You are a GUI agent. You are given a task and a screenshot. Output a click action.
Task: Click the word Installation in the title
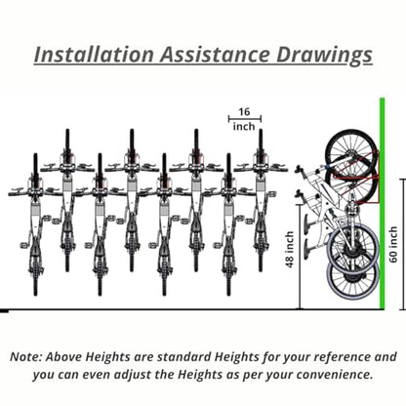click(94, 55)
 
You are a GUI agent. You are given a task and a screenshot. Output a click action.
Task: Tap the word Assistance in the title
click(215, 55)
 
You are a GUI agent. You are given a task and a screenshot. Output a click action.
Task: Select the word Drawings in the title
click(324, 56)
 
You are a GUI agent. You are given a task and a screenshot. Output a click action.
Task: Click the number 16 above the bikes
click(244, 111)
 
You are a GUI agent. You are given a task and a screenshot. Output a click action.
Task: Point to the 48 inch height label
click(290, 249)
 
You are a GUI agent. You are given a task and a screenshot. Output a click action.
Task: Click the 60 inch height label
click(393, 244)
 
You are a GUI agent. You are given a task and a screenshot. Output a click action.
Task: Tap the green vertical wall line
click(383, 203)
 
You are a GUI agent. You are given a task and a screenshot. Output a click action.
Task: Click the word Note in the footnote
click(25, 357)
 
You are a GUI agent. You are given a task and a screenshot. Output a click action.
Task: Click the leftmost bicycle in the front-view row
click(35, 224)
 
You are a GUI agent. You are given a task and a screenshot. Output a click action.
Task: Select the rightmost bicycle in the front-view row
click(261, 200)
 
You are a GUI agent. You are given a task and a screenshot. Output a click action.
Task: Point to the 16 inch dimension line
click(245, 119)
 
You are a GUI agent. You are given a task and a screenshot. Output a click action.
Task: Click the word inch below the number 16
click(244, 126)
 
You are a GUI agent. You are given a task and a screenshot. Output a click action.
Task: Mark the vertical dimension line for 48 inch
click(300, 257)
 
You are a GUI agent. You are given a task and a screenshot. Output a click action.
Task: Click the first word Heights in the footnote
click(107, 357)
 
